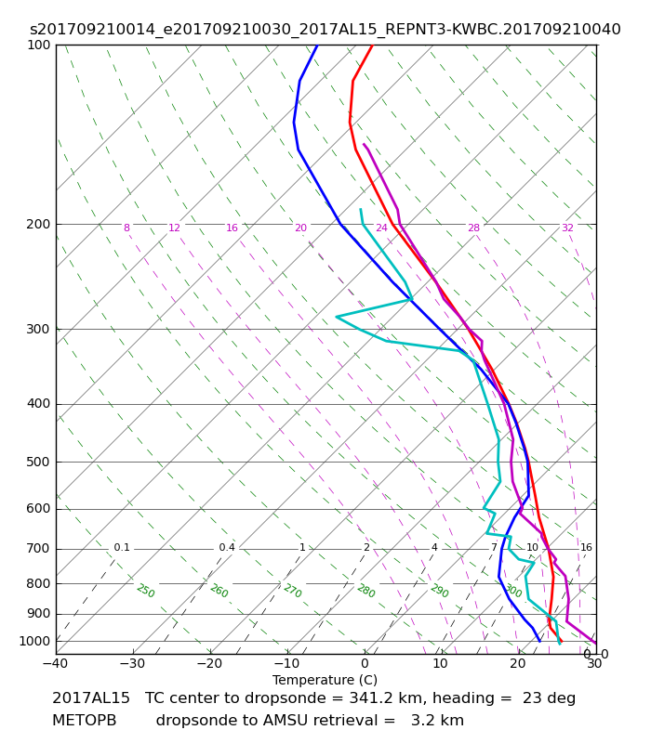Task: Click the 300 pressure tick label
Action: [x=38, y=329]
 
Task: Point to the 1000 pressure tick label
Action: [x=34, y=641]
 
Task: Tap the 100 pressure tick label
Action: [x=38, y=45]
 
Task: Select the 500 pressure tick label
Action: [x=38, y=462]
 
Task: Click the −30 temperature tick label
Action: [x=133, y=663]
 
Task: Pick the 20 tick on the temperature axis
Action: [x=518, y=663]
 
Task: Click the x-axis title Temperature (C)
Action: [x=325, y=680]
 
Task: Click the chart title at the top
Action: [x=325, y=30]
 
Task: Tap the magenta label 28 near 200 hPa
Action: [x=474, y=228]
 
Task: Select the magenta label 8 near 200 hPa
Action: [x=126, y=228]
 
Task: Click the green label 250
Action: [x=146, y=591]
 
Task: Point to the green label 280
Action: [x=366, y=591]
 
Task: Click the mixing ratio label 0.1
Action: [x=122, y=547]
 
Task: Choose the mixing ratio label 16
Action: [x=587, y=547]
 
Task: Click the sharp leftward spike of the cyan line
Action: [x=337, y=317]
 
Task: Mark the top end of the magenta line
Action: [x=364, y=144]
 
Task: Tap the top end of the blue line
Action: [x=317, y=46]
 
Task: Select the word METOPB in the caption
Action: [x=84, y=721]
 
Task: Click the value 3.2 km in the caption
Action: [x=437, y=721]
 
